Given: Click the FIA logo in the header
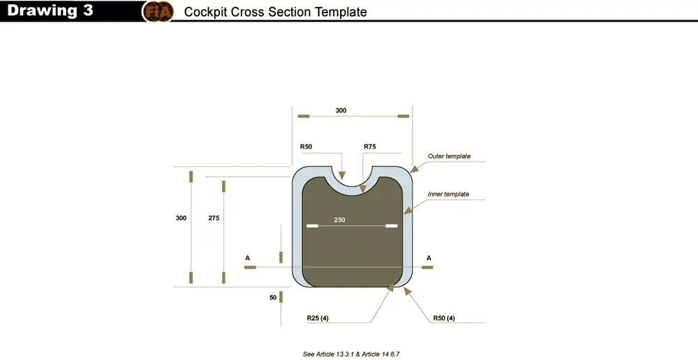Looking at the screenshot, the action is (158, 12).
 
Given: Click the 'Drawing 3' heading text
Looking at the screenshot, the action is (50, 10).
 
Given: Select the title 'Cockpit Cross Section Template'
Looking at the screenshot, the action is (275, 12).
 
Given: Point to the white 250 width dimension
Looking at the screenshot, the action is (339, 219).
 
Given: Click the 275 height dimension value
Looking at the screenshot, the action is (214, 218).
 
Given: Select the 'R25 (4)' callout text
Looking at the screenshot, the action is (318, 318).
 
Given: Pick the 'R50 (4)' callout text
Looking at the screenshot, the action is (444, 318).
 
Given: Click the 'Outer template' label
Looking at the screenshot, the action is (449, 156).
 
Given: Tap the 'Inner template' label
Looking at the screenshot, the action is (448, 194).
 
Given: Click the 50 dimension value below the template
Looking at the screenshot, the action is (273, 297).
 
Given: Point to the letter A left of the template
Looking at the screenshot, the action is (248, 258).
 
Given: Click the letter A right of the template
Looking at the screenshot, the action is (429, 258).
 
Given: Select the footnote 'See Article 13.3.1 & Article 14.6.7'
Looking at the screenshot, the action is (351, 354).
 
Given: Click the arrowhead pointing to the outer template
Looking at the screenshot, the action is (414, 169).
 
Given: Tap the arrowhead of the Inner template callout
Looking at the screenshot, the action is (408, 210).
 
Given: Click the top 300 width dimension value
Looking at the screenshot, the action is (341, 110).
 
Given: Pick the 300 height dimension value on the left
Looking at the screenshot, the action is (181, 218).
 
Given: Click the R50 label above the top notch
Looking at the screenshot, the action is (306, 147).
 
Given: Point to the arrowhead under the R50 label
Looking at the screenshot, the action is (342, 175).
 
